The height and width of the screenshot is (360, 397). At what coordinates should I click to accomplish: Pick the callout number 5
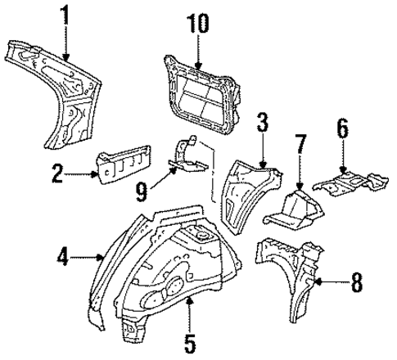coord(189,341)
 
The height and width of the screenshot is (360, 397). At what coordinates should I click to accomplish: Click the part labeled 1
coord(61,90)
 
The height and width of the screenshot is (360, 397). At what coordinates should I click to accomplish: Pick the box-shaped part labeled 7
coord(295,209)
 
